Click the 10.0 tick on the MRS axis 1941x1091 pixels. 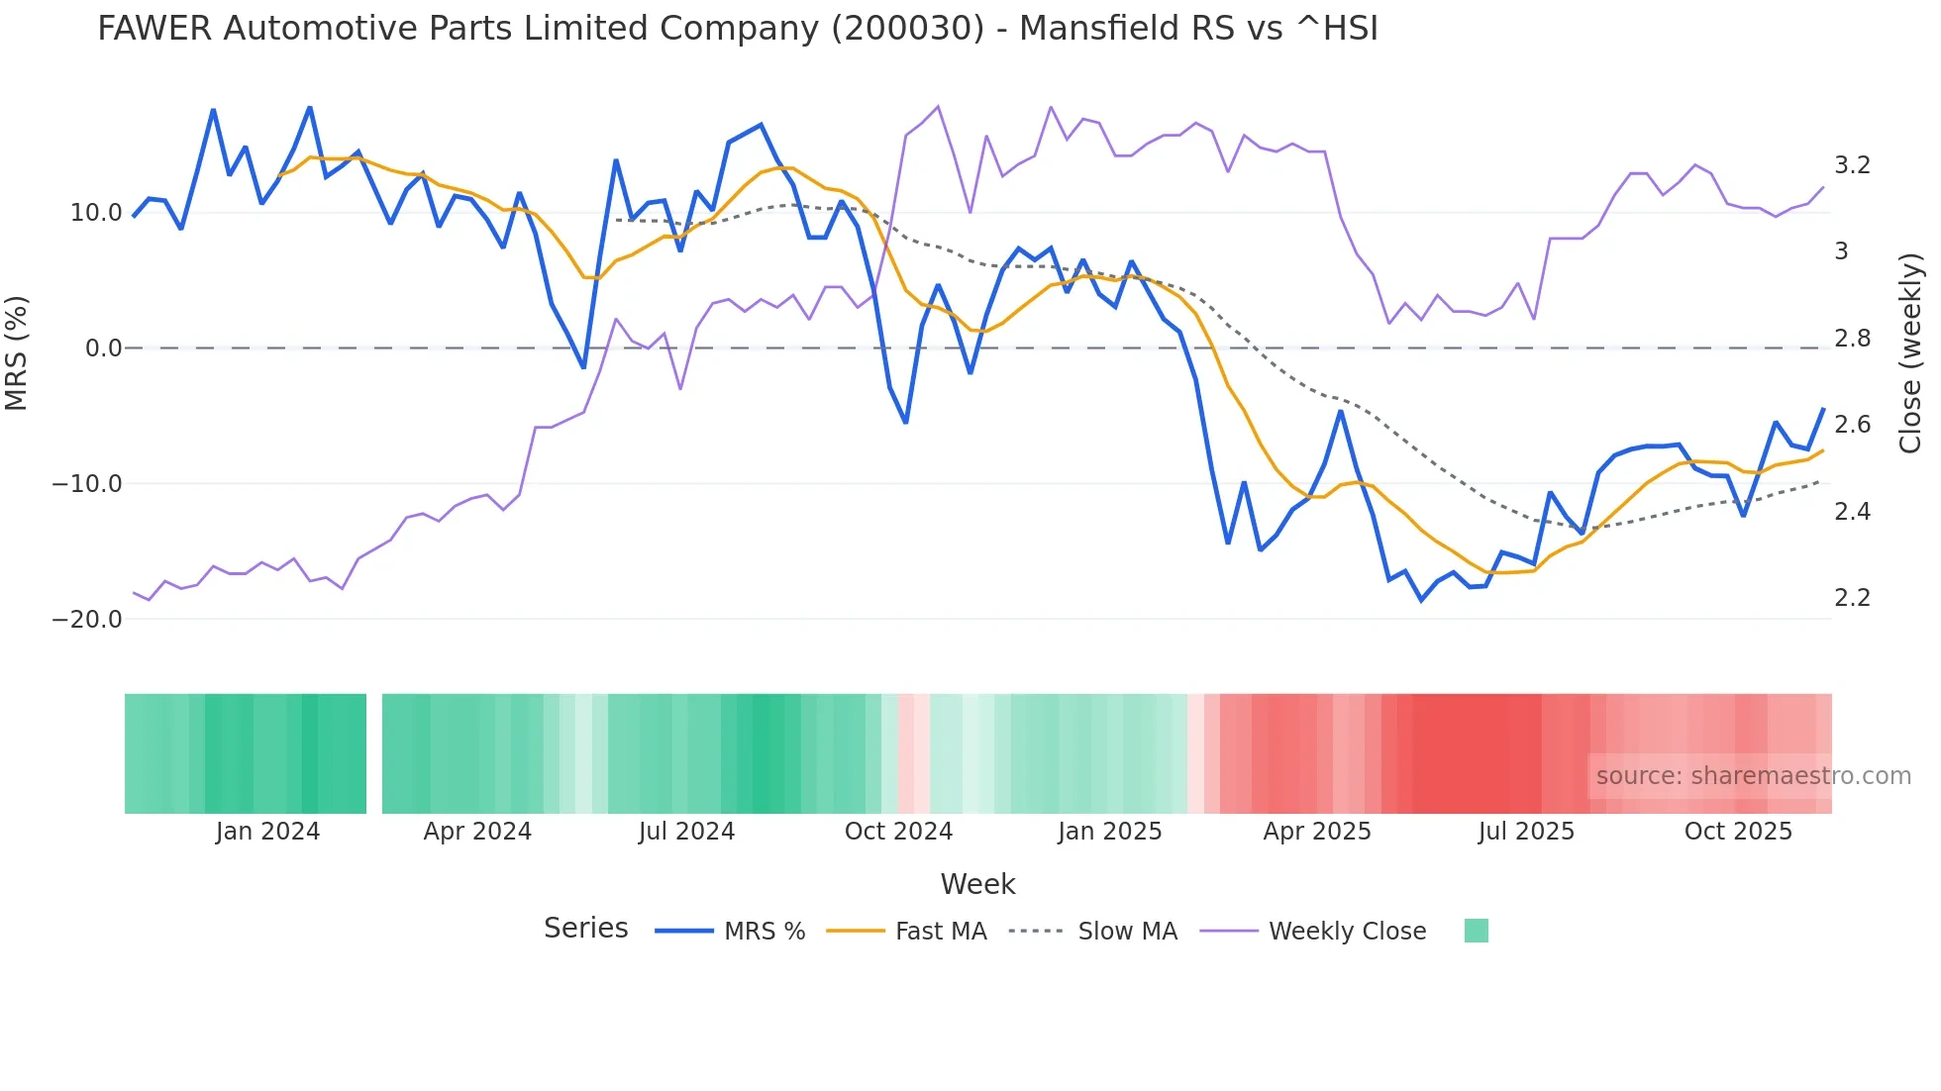point(95,213)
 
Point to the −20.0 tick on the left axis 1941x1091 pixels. point(87,620)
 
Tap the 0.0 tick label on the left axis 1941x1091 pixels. point(103,348)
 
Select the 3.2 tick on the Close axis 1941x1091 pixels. point(1852,165)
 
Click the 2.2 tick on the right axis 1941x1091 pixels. point(1852,598)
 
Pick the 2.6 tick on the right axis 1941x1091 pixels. point(1852,425)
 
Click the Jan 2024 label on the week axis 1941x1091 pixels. point(267,832)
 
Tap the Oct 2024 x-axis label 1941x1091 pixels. point(898,832)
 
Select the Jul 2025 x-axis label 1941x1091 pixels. point(1526,832)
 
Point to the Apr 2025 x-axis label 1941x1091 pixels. point(1317,832)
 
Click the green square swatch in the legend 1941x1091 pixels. point(1476,931)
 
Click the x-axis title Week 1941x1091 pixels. point(977,884)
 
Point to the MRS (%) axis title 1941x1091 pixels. point(17,352)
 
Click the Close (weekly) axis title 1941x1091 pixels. point(1910,353)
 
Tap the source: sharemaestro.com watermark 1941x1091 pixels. point(1753,776)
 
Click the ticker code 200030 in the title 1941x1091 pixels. point(907,29)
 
